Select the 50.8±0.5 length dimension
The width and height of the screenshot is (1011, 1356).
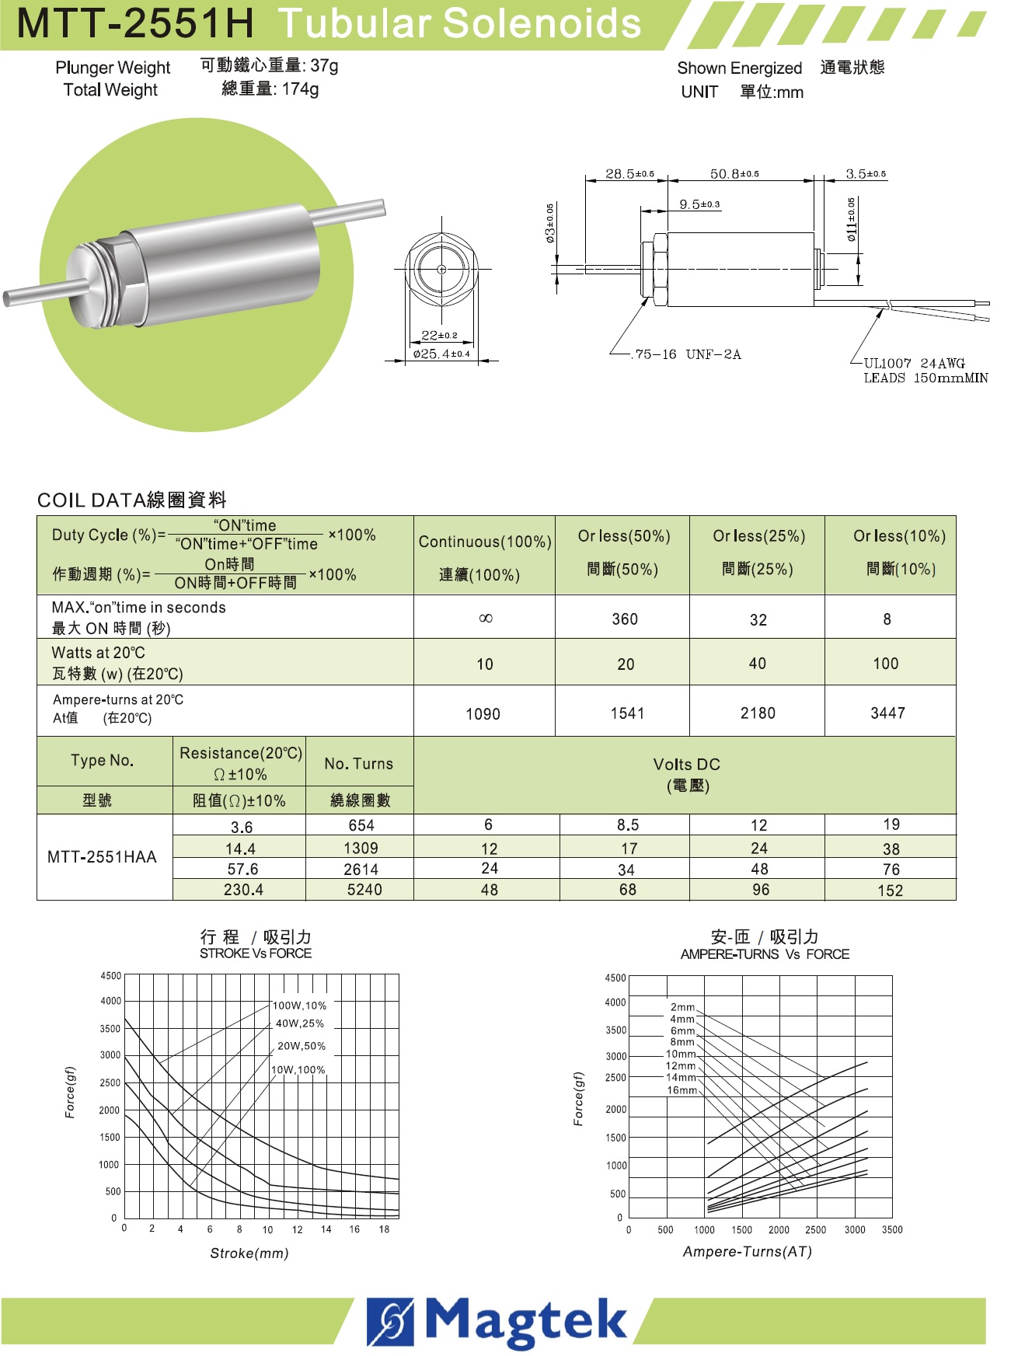734,174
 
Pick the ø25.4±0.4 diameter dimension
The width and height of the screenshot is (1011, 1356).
441,354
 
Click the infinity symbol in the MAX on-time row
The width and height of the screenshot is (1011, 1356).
485,619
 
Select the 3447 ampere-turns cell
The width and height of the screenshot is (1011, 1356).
887,713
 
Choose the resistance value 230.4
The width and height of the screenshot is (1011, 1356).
243,890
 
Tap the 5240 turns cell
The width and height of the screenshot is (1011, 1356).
364,890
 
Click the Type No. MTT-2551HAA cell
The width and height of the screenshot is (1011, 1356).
102,857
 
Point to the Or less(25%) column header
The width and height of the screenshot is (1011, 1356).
758,536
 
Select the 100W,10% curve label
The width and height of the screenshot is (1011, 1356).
299,1006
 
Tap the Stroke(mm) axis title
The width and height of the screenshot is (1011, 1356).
249,1253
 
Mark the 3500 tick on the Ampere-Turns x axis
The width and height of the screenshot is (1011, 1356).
892,1229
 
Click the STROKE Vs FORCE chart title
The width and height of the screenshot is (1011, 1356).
255,953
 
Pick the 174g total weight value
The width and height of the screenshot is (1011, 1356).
300,89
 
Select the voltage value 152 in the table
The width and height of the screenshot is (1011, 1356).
890,891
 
